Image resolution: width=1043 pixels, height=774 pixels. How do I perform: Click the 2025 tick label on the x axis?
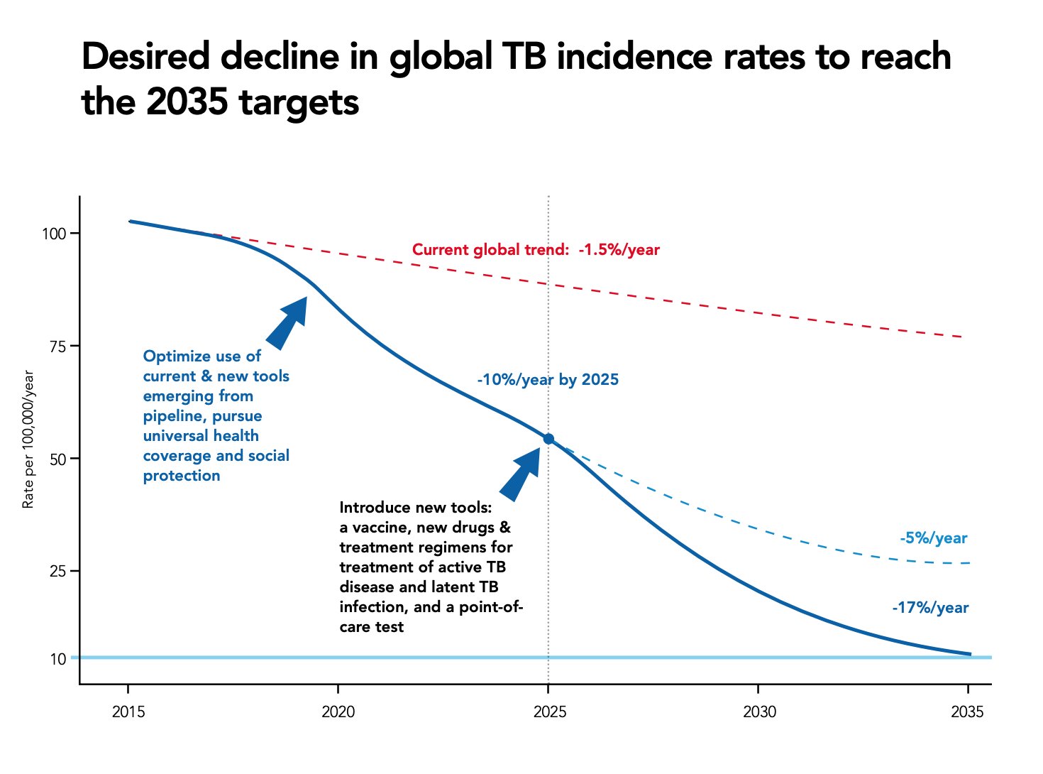(549, 712)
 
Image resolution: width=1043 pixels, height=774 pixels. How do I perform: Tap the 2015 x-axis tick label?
(128, 712)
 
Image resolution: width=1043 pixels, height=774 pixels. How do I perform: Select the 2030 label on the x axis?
(759, 712)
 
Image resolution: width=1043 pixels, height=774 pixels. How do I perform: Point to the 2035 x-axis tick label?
(967, 712)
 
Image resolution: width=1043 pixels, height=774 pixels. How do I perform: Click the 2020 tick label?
(338, 712)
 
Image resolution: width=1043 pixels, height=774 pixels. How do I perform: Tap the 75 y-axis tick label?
(58, 347)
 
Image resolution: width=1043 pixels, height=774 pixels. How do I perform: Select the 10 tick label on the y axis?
(58, 659)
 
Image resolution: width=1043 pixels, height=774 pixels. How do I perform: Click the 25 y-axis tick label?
(58, 571)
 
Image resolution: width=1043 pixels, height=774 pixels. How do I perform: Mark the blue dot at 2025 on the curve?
(548, 439)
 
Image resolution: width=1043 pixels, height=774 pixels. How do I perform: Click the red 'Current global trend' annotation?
(536, 250)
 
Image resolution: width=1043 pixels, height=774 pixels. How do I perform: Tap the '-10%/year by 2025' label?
(548, 380)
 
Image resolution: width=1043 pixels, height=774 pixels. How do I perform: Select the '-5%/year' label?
(934, 538)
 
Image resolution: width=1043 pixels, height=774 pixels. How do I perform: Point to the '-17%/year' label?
(930, 608)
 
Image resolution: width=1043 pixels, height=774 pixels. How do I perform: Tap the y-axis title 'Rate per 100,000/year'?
(28, 440)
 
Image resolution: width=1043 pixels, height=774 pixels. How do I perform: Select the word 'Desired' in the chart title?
(145, 57)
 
